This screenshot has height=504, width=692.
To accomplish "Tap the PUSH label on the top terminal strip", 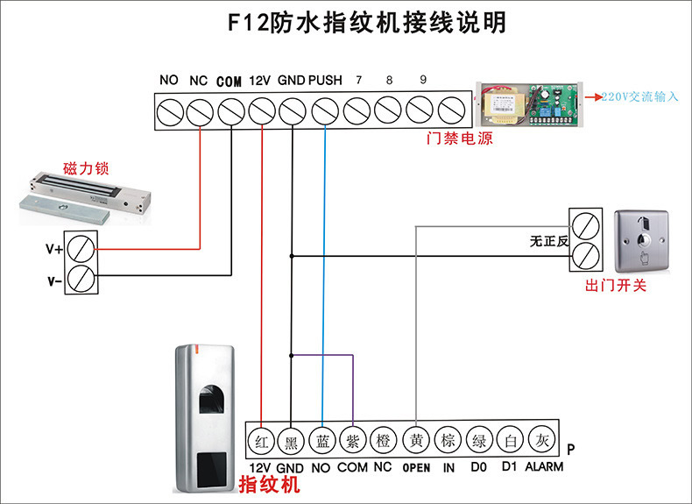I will point(325,81).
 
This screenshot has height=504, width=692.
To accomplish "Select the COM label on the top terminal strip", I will point(229,82).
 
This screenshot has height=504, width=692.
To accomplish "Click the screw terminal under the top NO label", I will point(168,111).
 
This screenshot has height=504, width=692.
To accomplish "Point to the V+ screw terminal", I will point(81,248).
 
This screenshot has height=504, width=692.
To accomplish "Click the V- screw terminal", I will point(81,280).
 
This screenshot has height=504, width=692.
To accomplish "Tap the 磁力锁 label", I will point(86,167).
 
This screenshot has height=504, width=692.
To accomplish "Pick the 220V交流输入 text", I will point(639,97).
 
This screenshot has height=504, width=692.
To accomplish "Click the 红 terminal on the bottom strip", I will point(261,439).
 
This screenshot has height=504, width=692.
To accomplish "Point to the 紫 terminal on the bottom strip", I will point(352,439).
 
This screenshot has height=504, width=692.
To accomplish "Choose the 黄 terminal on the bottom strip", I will point(416,439).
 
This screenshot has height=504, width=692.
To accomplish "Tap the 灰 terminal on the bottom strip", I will point(543,439).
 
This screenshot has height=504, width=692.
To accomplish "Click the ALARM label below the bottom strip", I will point(544,467).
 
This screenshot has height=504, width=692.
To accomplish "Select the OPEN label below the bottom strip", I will point(416,468).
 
